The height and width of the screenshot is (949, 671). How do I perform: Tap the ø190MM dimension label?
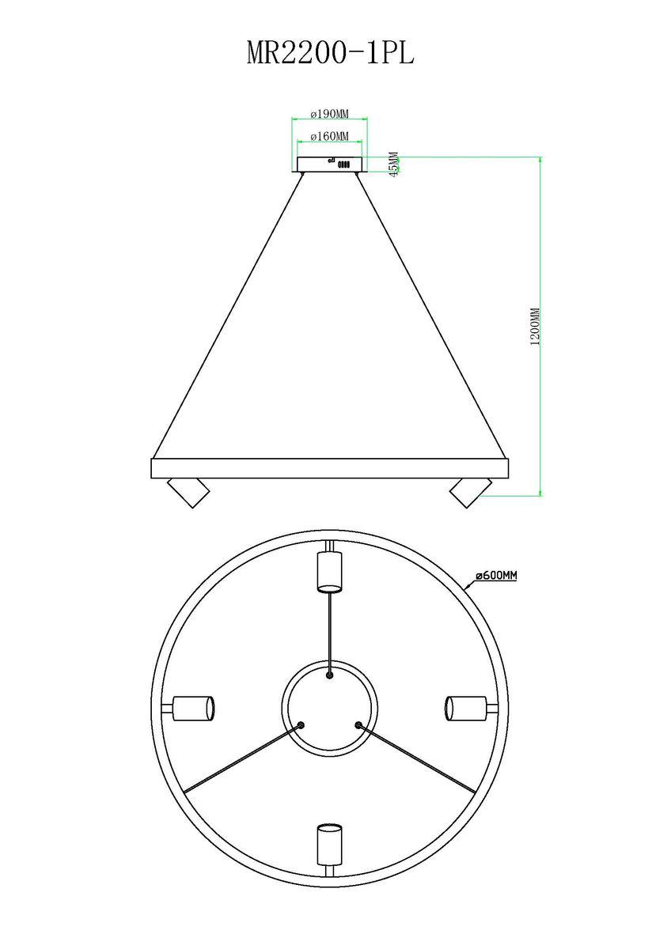[329, 114]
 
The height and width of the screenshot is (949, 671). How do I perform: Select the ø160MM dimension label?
[329, 136]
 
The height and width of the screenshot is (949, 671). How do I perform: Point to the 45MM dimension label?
[394, 164]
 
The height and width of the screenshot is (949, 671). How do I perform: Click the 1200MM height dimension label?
[535, 327]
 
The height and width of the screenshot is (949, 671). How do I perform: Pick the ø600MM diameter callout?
[496, 576]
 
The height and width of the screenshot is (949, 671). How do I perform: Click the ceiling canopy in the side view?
[329, 164]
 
